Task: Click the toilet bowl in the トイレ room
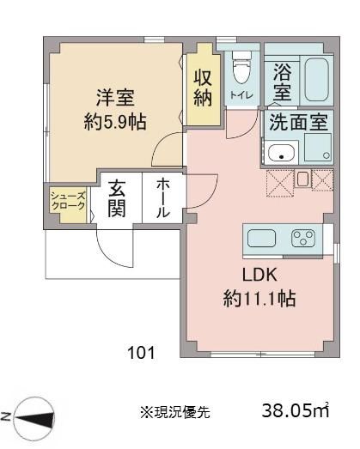point(241,68)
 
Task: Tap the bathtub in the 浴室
point(316,80)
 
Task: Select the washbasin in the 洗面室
point(281,153)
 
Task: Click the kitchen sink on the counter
point(261,239)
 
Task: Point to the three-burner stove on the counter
point(303,239)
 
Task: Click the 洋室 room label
point(115,98)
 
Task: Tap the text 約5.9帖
point(115,122)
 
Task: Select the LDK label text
point(259,275)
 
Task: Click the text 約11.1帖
point(259,299)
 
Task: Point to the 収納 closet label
point(203,88)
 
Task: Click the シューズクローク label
point(68,201)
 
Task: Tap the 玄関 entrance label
point(117,198)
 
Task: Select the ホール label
point(162,197)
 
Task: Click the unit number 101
point(141,353)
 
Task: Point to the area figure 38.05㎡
point(296,410)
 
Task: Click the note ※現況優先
point(175,412)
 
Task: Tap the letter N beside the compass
point(5,416)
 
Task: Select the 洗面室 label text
point(298,122)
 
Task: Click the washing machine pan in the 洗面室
point(318,147)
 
